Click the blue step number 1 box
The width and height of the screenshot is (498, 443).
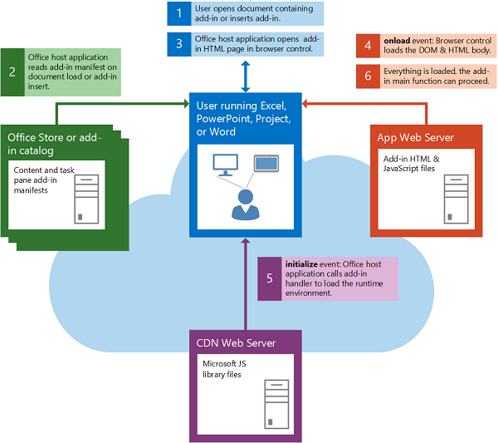tap(178, 13)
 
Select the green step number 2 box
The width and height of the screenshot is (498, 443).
tap(12, 71)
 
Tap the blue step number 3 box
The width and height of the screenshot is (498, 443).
tap(178, 43)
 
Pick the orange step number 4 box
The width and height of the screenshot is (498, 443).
tap(369, 46)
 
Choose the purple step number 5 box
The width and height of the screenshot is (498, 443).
tap(269, 278)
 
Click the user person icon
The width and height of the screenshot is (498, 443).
tap(244, 202)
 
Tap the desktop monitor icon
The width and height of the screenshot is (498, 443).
tap(224, 164)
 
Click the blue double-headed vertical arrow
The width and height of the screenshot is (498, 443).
tap(246, 76)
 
